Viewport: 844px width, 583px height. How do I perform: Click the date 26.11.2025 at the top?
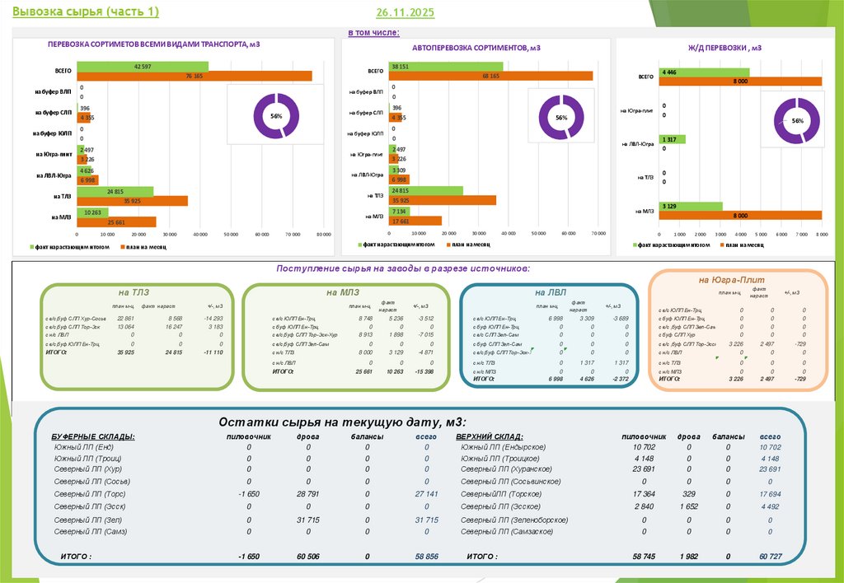click(405, 13)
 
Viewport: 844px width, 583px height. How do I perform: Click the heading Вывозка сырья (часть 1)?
click(80, 11)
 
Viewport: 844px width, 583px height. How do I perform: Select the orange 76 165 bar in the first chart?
click(195, 76)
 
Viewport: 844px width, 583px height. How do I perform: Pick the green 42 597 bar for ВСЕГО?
click(143, 66)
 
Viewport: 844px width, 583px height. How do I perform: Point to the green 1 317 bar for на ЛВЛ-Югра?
click(671, 139)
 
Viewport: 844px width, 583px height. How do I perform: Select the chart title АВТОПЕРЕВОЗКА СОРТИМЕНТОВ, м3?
click(476, 49)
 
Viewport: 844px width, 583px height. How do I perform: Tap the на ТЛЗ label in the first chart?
click(61, 196)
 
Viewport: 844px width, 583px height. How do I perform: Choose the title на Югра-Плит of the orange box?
click(727, 280)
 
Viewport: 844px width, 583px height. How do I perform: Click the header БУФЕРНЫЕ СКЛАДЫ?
click(93, 436)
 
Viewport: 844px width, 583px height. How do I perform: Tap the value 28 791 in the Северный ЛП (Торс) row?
click(308, 493)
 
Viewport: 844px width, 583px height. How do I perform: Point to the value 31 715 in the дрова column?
click(308, 520)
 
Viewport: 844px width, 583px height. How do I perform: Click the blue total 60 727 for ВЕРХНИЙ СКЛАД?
click(770, 557)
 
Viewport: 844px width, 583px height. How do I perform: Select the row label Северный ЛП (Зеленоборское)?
click(514, 520)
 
